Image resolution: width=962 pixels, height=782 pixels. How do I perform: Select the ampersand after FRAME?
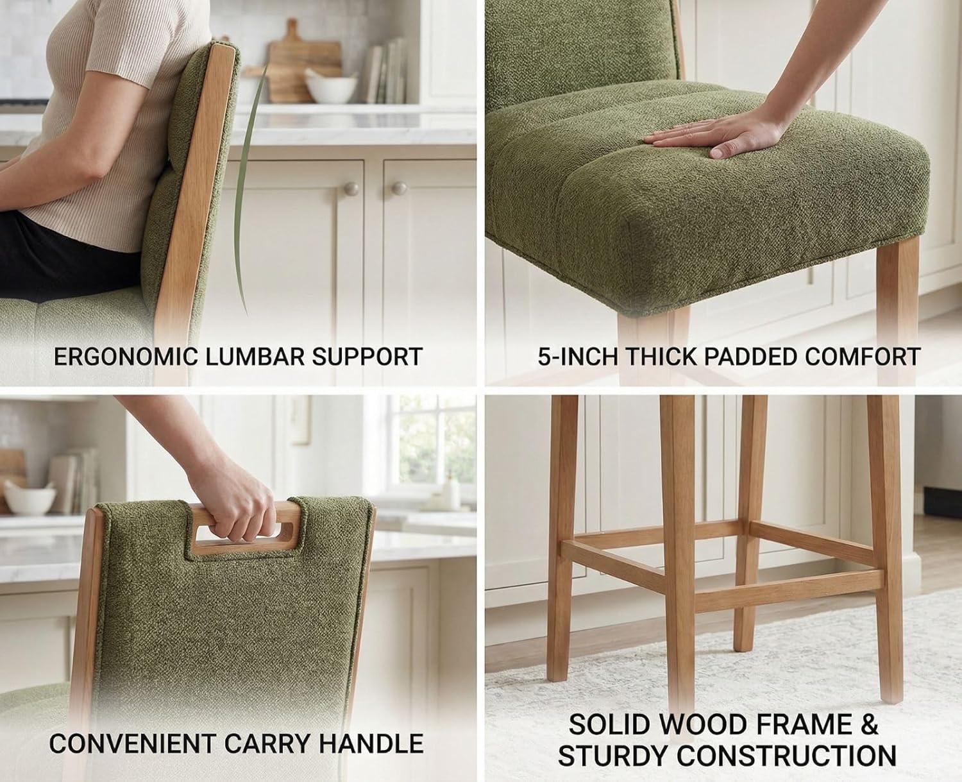868,725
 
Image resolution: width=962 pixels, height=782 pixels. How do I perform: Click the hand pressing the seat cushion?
705,135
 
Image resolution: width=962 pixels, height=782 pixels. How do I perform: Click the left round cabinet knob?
351,189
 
